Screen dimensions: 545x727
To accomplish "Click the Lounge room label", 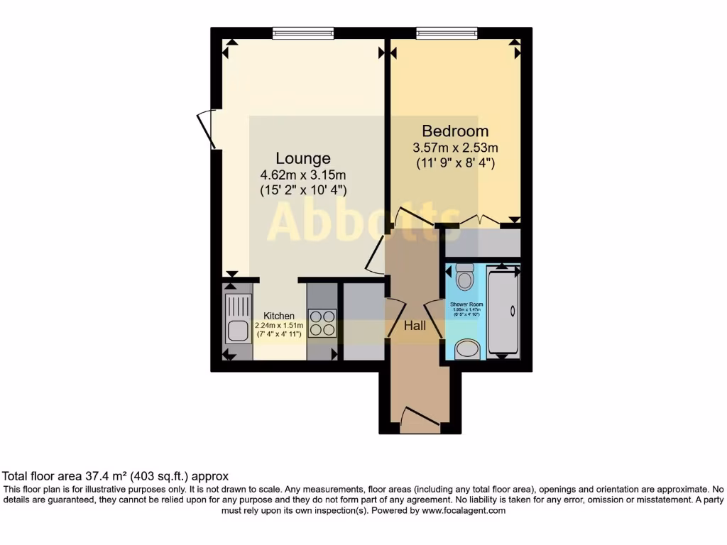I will tap(303, 158).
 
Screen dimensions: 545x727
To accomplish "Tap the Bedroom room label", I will tap(455, 131).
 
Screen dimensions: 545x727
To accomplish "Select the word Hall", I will tap(415, 326).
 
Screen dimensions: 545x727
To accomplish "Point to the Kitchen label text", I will tap(279, 316).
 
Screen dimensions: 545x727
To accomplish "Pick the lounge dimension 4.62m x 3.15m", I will tap(303, 175).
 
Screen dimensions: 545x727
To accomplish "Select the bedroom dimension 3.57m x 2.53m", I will tap(455, 148).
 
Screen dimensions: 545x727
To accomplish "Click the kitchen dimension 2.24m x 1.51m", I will tap(279, 326).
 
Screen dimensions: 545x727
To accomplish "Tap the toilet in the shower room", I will tap(465, 276).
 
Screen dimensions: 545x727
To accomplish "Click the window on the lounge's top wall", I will tap(302, 33).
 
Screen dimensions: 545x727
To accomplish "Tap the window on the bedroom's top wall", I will tap(447, 33).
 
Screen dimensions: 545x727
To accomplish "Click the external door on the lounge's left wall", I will tap(205, 128).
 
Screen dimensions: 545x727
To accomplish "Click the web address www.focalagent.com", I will tap(464, 510).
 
